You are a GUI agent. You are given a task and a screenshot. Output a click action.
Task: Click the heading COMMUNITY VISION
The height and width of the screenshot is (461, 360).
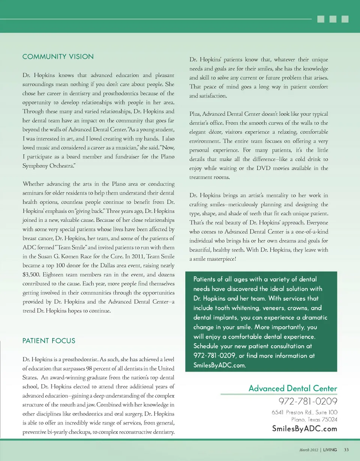pyautogui.click(x=58, y=57)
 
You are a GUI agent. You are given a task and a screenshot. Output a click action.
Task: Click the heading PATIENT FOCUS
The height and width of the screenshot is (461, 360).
pyautogui.click(x=49, y=341)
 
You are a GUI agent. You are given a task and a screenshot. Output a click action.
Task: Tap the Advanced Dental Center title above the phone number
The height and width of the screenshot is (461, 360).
pyautogui.click(x=292, y=388)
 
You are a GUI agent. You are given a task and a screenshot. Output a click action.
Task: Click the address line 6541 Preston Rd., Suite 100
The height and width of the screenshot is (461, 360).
pyautogui.click(x=304, y=412)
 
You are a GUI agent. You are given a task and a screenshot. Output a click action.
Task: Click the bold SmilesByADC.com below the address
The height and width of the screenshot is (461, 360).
pyautogui.click(x=304, y=429)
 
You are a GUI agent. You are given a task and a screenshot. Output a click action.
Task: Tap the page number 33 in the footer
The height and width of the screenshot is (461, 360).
pyautogui.click(x=346, y=450)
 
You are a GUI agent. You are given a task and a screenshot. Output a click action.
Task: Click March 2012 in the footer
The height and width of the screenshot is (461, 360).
pyautogui.click(x=308, y=450)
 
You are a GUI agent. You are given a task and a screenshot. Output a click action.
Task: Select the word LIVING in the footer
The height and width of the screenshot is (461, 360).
pyautogui.click(x=330, y=450)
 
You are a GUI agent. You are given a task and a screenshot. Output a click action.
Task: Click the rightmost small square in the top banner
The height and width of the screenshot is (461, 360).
pyautogui.click(x=345, y=19)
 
